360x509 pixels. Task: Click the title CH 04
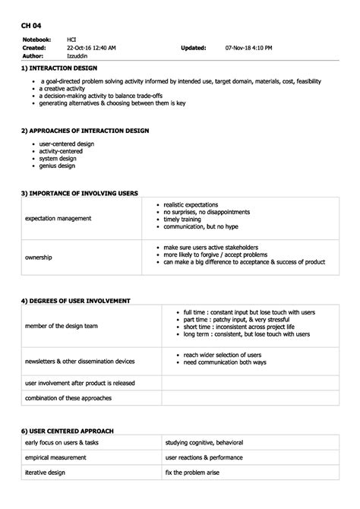point(31,24)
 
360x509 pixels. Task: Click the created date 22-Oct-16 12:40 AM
point(91,47)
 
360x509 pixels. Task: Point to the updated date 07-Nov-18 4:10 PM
point(248,47)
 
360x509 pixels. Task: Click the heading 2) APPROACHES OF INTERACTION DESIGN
point(84,131)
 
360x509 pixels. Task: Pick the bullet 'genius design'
point(58,166)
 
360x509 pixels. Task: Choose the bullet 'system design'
point(58,158)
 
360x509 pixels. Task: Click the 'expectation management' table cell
point(58,218)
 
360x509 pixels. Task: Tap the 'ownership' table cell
point(39,258)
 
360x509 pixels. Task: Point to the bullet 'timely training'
point(183,219)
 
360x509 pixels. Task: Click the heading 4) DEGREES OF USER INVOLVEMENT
point(76,301)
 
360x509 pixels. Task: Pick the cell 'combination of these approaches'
point(68,398)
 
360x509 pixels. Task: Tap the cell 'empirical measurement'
point(55,457)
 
